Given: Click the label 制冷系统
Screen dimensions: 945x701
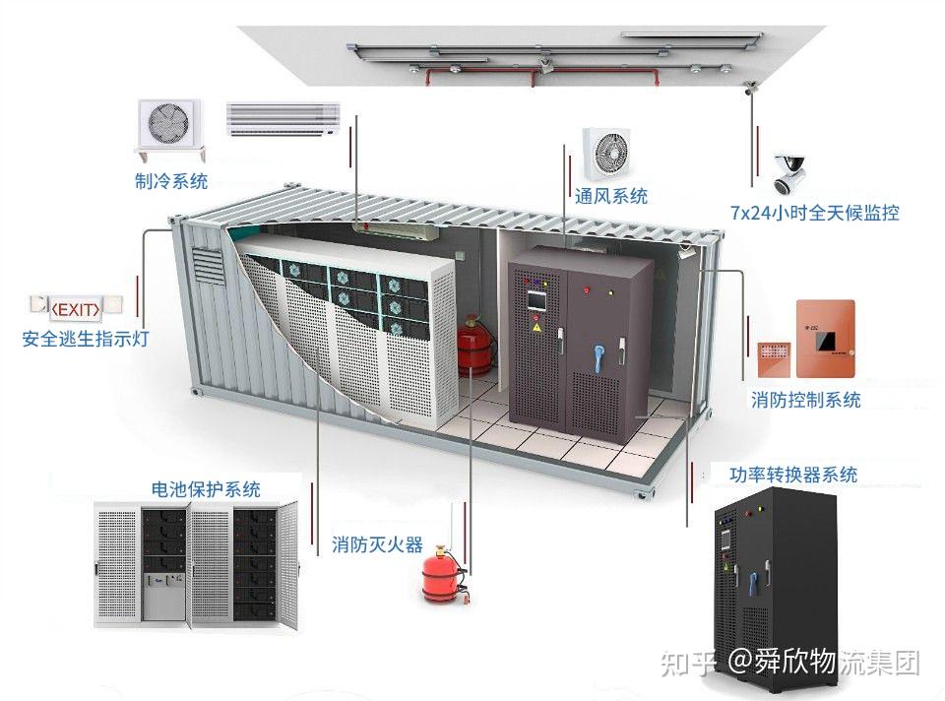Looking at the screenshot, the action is coord(171,181).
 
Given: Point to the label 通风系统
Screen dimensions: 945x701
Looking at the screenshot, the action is coord(611,197).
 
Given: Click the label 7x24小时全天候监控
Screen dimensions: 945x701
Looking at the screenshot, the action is coord(814,213).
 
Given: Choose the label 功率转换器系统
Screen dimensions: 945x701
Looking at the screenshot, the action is coord(793,475).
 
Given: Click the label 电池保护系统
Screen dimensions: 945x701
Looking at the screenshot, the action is coord(206,489).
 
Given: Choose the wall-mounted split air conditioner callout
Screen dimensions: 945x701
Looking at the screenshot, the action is coord(283,117).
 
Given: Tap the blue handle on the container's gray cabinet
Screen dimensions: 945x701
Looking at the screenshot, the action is coord(597,351).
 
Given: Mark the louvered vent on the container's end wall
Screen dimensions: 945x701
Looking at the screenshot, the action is coord(208,265).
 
